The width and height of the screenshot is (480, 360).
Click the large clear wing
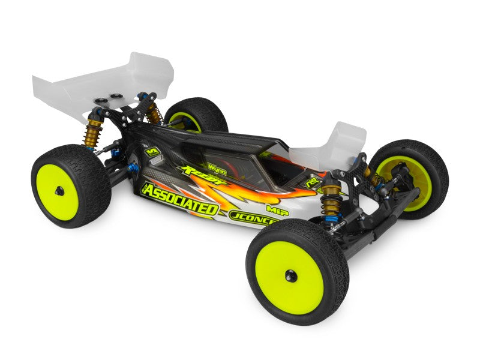pyautogui.click(x=102, y=84)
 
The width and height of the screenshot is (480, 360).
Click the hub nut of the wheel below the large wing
pyautogui.click(x=59, y=191)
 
